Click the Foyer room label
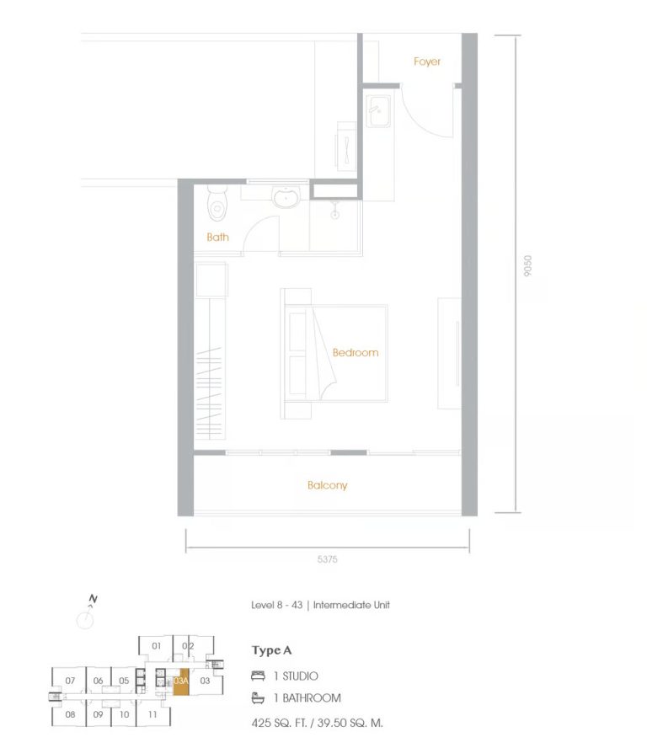click(427, 61)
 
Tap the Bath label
click(217, 237)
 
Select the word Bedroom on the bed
click(355, 352)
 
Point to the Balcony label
click(327, 485)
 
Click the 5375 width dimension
click(328, 558)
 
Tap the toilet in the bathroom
click(217, 206)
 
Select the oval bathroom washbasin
click(286, 199)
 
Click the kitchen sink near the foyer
click(377, 110)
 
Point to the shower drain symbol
click(335, 214)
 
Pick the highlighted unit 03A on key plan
click(181, 681)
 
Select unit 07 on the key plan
click(70, 681)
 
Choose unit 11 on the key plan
click(152, 714)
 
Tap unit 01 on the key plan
click(156, 646)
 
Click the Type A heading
click(270, 650)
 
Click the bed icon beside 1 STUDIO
click(258, 676)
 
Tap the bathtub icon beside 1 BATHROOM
click(258, 697)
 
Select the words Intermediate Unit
click(351, 605)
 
